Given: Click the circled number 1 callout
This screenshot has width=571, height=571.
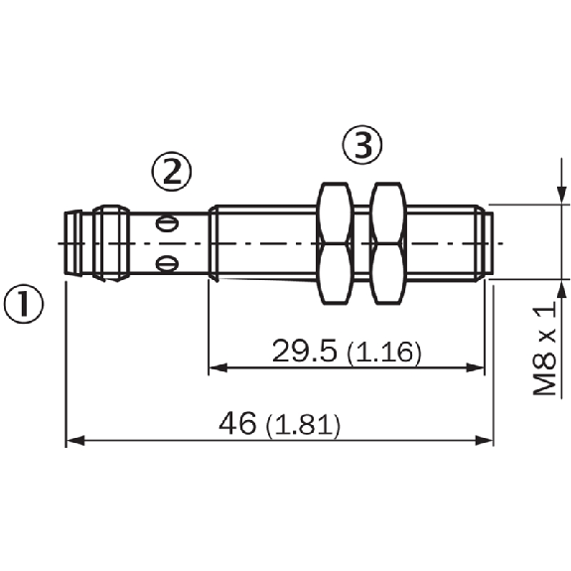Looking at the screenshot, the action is tap(24, 304).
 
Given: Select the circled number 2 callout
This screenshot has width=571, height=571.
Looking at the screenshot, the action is tap(172, 172).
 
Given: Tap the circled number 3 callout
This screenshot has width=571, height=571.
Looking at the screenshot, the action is tap(362, 144).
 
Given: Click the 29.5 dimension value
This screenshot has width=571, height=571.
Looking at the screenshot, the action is tap(305, 351).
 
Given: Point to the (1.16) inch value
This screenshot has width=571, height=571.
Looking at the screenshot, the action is tap(384, 353).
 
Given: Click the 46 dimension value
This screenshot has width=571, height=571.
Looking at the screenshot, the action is tap(237, 423).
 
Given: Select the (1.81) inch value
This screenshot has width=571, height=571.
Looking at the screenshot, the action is tap(303, 425).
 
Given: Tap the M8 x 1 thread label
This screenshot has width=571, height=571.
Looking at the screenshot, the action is tap(545, 350).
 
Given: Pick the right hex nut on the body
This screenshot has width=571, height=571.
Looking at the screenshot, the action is tap(388, 243).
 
